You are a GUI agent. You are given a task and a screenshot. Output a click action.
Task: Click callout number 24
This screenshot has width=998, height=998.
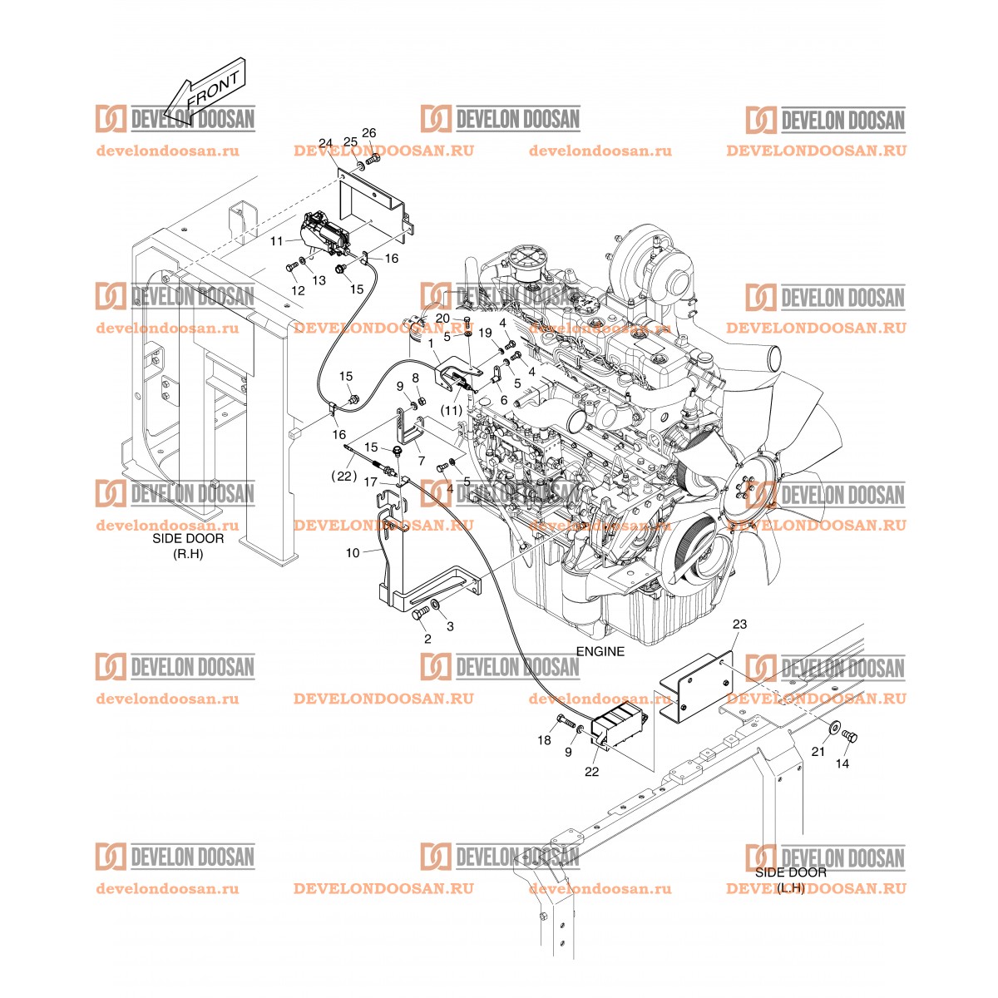click(x=325, y=143)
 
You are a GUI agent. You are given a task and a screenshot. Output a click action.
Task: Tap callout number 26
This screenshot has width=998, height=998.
click(x=368, y=133)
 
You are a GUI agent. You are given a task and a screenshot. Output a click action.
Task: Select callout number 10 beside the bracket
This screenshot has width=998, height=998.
click(x=352, y=553)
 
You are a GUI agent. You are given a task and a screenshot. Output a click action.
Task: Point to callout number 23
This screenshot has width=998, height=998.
click(x=739, y=624)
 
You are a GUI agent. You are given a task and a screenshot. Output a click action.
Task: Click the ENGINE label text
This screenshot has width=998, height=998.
click(x=600, y=651)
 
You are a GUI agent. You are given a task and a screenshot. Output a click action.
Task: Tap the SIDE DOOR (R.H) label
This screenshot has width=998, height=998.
click(x=188, y=546)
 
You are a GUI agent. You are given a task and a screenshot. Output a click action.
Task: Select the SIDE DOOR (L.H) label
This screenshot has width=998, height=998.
click(x=791, y=880)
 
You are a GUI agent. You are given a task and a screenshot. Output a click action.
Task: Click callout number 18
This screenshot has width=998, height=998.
click(x=544, y=741)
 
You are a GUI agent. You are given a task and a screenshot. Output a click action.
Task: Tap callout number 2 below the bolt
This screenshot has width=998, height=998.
click(x=427, y=639)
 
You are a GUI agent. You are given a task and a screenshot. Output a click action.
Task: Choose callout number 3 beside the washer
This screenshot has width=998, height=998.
click(x=450, y=626)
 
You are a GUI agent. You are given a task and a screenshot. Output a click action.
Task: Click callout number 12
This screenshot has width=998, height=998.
click(x=298, y=290)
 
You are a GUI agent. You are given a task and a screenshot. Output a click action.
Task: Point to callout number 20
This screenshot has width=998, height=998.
click(x=442, y=318)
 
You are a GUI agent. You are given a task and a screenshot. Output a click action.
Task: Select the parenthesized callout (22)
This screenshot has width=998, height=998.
click(x=344, y=477)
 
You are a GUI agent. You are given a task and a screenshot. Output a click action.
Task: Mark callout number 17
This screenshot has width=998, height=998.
click(x=370, y=482)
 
